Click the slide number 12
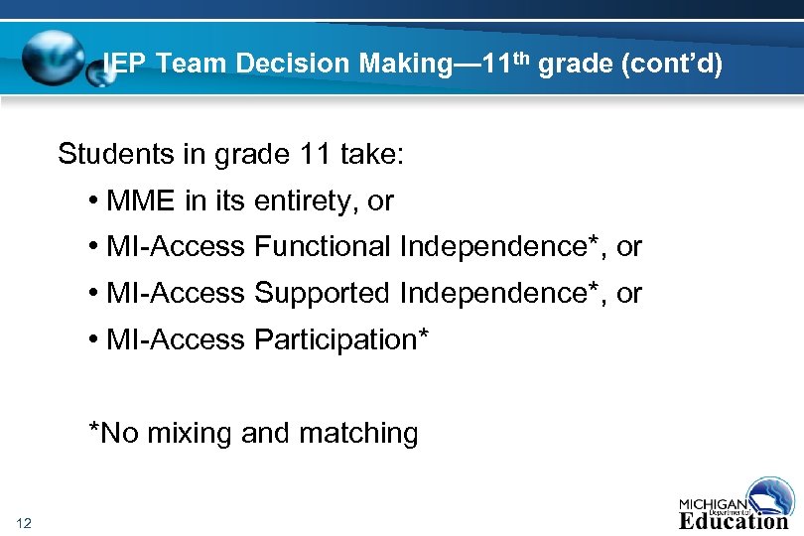click(24, 523)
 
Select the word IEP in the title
click(126, 65)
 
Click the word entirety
click(307, 201)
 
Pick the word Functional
click(323, 246)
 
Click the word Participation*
click(341, 339)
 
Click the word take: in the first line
click(371, 155)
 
